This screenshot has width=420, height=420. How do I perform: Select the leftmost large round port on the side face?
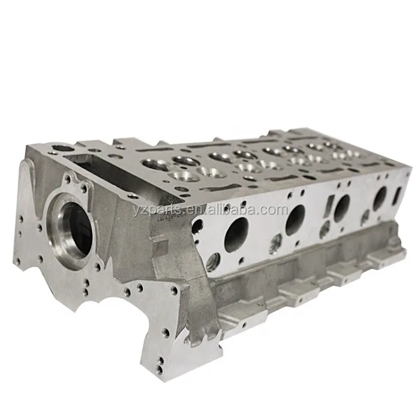(x=236, y=234)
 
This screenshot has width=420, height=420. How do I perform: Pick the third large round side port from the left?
(x=342, y=208)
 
